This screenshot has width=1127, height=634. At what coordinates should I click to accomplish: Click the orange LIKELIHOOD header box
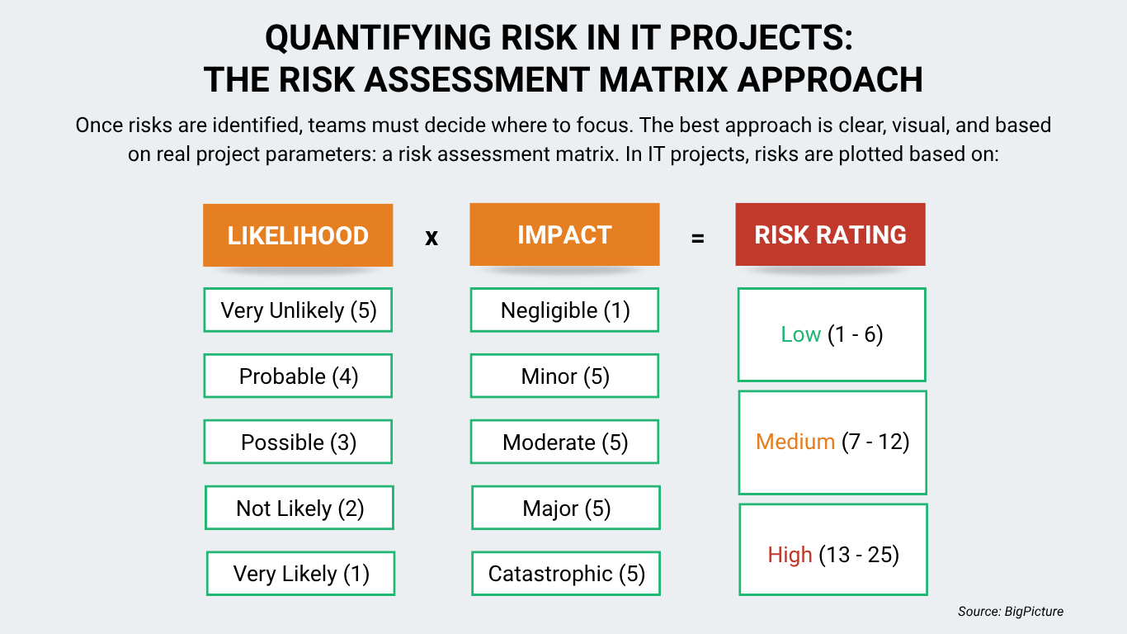(298, 235)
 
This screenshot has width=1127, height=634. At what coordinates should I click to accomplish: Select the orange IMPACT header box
(564, 234)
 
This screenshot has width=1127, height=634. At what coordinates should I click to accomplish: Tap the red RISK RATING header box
(830, 234)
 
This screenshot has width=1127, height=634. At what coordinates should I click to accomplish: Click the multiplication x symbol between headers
(431, 238)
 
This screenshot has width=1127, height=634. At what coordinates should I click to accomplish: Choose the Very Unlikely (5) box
(298, 310)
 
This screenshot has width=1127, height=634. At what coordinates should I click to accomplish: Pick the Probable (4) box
(298, 376)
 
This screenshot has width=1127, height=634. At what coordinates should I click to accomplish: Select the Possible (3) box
(298, 442)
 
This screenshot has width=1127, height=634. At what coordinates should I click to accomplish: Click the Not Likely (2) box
(299, 509)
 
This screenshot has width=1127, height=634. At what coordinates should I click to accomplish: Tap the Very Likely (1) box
(301, 574)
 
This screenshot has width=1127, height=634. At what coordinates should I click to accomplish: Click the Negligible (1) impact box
(564, 310)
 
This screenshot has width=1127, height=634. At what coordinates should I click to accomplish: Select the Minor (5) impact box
(564, 376)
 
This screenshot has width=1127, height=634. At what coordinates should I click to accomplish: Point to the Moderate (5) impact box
(564, 442)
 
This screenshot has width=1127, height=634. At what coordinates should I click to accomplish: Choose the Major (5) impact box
(566, 509)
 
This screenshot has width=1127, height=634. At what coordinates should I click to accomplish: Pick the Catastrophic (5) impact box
(566, 574)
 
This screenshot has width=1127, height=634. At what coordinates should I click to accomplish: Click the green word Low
(800, 335)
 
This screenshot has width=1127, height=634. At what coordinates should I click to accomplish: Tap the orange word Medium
(795, 442)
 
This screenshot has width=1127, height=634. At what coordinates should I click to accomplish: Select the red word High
(790, 555)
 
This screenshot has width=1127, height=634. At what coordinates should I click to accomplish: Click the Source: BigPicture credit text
(1011, 612)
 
